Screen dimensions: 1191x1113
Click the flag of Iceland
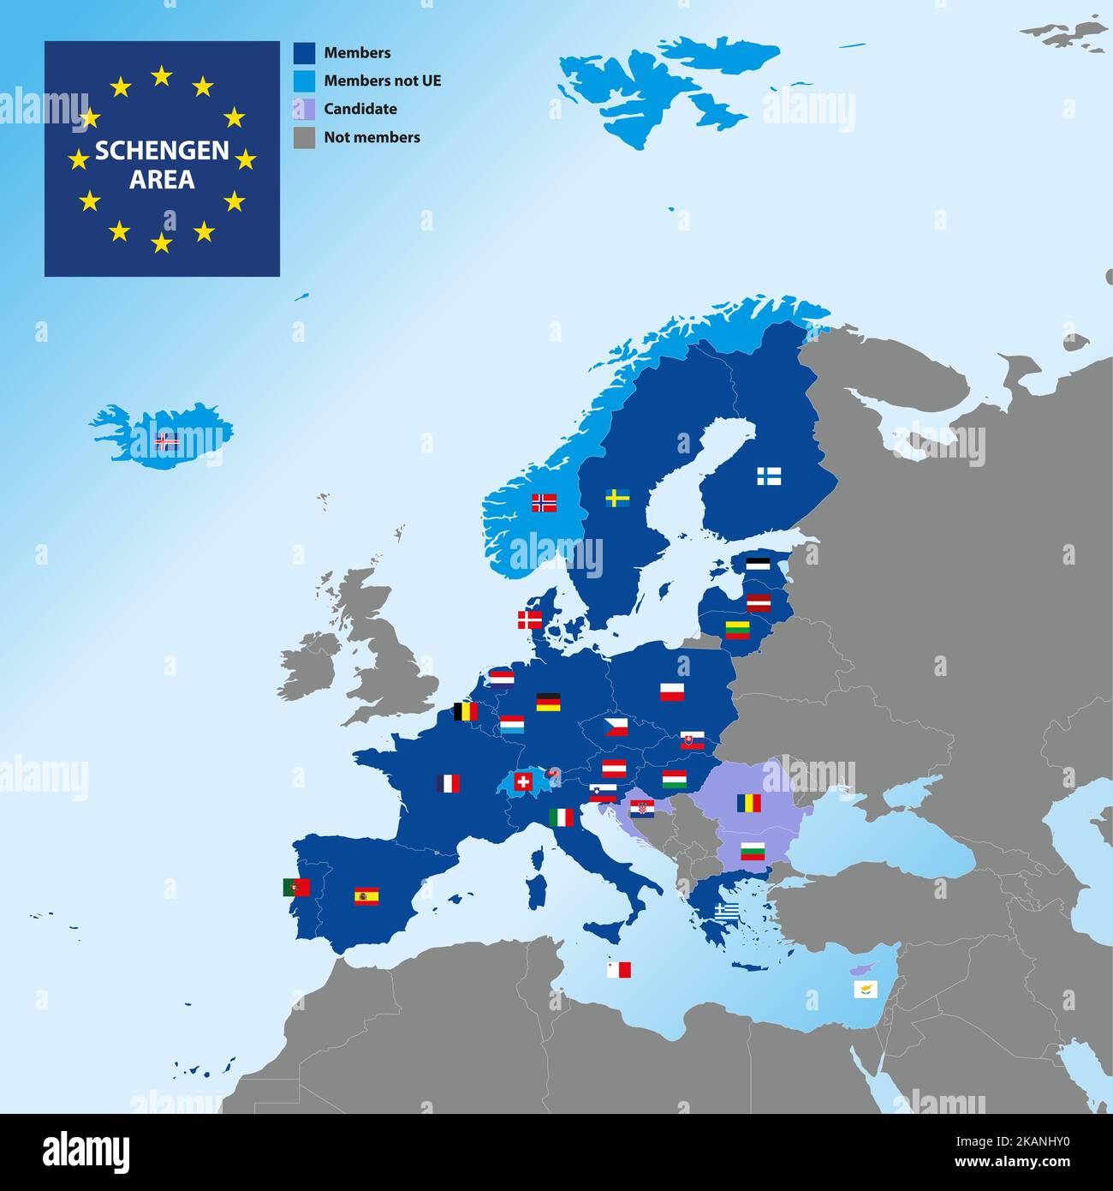pos(167,442)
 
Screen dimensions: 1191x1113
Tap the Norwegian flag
pos(544,503)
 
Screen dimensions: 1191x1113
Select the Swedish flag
pos(618,498)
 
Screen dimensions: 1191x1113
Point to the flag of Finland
pos(768,476)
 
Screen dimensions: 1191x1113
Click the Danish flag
pos(530,619)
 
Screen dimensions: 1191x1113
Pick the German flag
pos(548,703)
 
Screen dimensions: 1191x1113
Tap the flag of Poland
pos(672,691)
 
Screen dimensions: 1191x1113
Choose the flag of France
pos(448,783)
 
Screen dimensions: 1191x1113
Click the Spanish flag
pos(366,896)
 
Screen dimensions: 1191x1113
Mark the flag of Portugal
pos(296,887)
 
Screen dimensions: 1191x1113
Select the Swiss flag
pos(522,781)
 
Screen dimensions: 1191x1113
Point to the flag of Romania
pos(749,803)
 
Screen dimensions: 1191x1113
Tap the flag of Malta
pos(618,970)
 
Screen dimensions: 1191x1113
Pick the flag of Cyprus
pos(866,990)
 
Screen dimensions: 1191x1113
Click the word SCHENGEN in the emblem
pos(162,151)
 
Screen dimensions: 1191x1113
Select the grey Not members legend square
pos(304,138)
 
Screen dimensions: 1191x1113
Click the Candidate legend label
pos(360,109)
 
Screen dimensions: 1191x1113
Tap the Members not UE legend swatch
pos(304,81)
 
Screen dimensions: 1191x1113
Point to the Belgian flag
pos(466,711)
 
